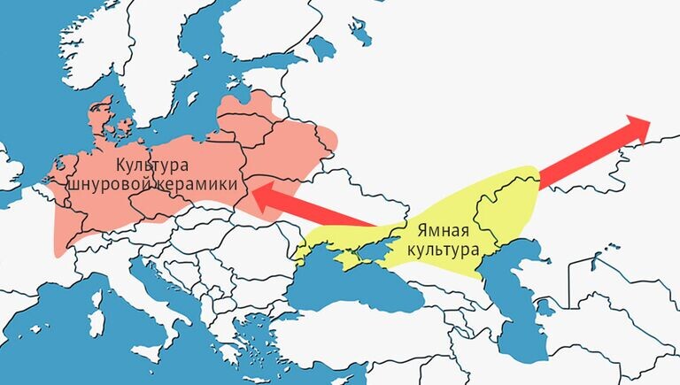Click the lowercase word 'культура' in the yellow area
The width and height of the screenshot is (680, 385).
(444, 250)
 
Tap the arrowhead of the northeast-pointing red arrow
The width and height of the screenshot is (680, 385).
(644, 125)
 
